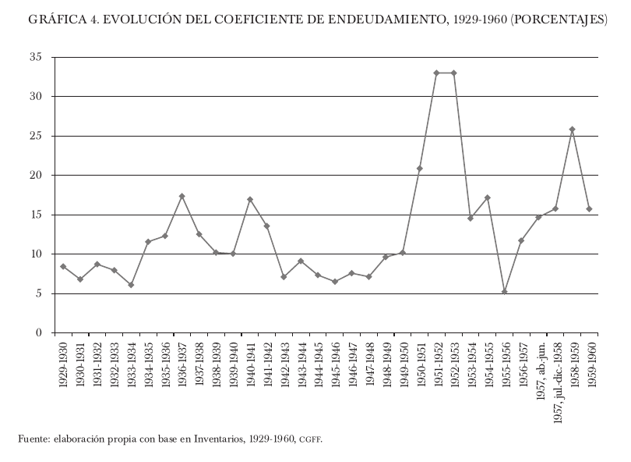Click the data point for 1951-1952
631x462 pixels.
click(x=437, y=73)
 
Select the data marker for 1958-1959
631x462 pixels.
click(x=573, y=130)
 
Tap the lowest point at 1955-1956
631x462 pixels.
click(x=505, y=292)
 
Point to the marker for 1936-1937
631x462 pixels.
click(x=182, y=196)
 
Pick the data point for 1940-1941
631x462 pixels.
click(x=250, y=200)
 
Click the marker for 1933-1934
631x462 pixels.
click(x=131, y=285)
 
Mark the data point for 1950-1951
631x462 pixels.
click(x=420, y=169)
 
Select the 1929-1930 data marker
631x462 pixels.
click(x=63, y=267)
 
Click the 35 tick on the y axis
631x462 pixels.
click(x=36, y=57)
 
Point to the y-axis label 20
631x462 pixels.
click(x=36, y=176)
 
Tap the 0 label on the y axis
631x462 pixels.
click(x=39, y=333)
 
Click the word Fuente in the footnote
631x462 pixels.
click(x=33, y=439)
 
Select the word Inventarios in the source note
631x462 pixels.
click(x=218, y=439)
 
